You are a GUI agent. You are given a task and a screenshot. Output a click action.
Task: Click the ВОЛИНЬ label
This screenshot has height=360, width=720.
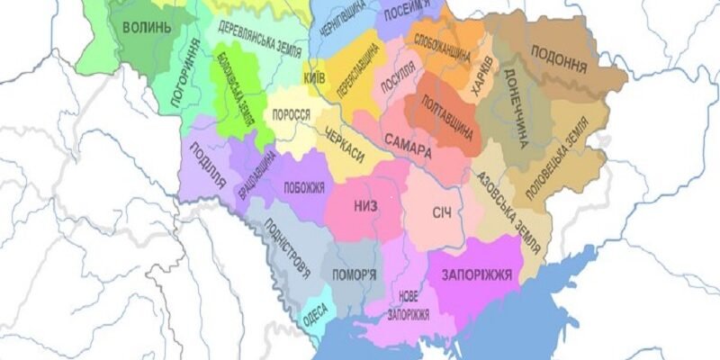(x=146, y=27)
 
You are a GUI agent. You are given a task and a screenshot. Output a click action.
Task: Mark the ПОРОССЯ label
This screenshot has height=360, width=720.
(x=291, y=116)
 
